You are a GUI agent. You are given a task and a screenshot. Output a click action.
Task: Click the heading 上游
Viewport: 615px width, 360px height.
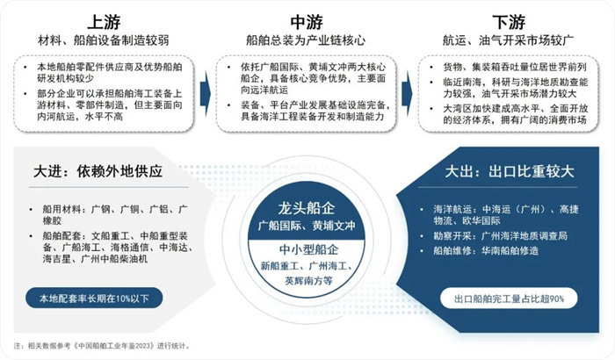(x=104, y=22)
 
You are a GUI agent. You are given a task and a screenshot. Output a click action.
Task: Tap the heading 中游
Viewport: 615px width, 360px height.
(x=307, y=22)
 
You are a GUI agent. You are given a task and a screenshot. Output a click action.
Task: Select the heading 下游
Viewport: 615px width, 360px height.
(x=509, y=22)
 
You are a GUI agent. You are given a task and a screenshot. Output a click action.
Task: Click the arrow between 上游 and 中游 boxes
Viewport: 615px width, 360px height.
(x=205, y=94)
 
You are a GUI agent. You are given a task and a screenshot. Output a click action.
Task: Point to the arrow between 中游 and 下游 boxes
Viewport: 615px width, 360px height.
(x=407, y=94)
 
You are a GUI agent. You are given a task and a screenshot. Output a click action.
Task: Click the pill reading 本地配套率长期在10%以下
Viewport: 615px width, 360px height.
(x=94, y=299)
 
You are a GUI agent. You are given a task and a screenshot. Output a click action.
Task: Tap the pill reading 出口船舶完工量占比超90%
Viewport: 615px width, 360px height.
(x=509, y=299)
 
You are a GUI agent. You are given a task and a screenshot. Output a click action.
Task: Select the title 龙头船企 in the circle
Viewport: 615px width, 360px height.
(x=307, y=208)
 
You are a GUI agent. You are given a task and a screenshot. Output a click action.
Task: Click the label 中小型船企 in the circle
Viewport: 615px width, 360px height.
(x=308, y=249)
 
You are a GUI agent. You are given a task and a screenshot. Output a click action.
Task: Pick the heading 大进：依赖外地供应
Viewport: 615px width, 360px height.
(x=98, y=171)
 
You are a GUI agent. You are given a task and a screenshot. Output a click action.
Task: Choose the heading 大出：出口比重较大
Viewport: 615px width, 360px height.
(x=509, y=171)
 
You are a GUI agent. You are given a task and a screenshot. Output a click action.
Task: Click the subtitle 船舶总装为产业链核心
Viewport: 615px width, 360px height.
(x=306, y=40)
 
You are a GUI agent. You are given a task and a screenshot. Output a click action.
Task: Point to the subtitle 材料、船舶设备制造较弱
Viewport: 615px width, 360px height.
(x=104, y=40)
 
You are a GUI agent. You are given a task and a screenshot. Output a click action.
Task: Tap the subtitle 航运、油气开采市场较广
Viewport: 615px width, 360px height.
(x=509, y=40)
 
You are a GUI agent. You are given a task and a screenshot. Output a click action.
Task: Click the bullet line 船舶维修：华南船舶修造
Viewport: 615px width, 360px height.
(x=486, y=250)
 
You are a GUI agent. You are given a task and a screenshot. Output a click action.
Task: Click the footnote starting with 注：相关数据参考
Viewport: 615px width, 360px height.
(x=102, y=346)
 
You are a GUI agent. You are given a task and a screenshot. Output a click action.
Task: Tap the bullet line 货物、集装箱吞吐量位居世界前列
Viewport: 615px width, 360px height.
(x=515, y=67)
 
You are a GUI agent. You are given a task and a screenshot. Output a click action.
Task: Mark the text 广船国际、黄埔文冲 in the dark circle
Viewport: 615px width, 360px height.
(x=307, y=226)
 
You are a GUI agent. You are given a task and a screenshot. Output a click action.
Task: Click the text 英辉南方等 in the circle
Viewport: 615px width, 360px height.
(x=308, y=281)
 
